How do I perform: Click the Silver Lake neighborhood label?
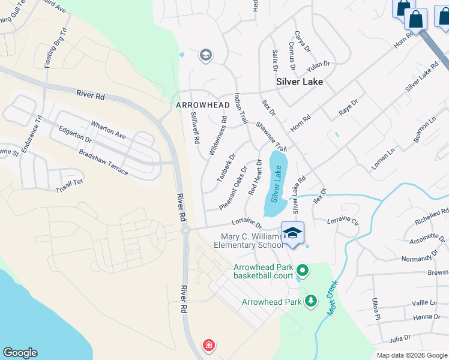coord(299,82)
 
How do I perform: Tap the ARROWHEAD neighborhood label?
coord(203,105)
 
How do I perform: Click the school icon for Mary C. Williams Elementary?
coord(292,233)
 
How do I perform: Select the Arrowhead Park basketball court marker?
coord(303,271)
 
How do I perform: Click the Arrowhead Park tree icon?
coord(311,300)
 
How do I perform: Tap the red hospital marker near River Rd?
coord(208,346)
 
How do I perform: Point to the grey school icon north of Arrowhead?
coord(205,56)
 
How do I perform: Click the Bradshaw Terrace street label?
coord(103,161)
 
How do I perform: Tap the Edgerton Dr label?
coord(75,134)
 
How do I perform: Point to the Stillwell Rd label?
coord(195,127)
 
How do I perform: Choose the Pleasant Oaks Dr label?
coord(233,188)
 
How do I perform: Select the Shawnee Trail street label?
coord(272,137)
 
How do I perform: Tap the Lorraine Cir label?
coord(343,221)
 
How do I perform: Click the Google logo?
coord(20,353)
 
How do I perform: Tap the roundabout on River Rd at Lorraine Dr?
coord(185,229)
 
